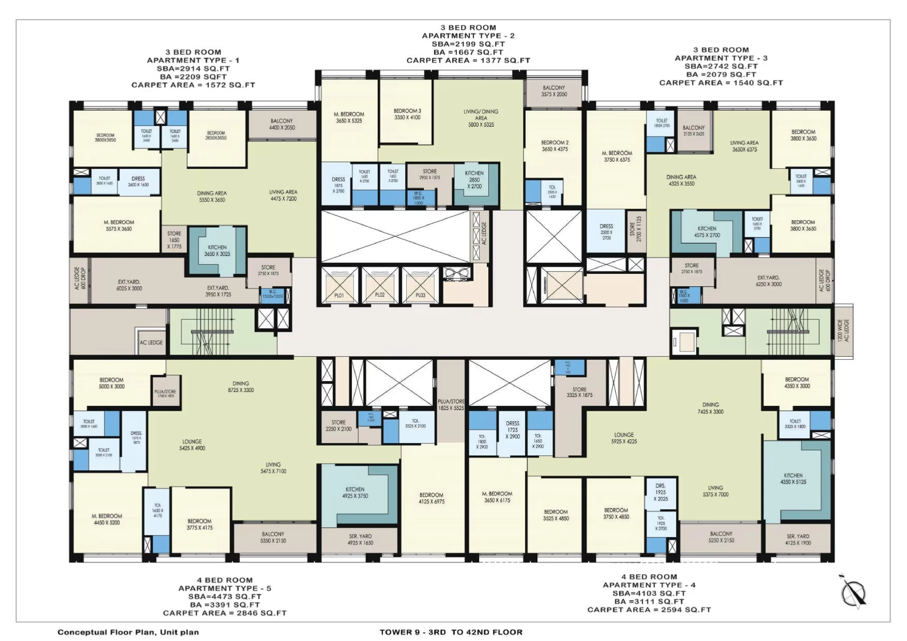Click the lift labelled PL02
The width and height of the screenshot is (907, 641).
click(x=380, y=285)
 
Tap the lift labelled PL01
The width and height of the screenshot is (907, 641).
click(x=339, y=285)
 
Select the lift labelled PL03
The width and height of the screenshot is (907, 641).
click(x=420, y=285)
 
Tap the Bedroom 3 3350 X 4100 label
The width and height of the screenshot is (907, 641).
click(x=407, y=114)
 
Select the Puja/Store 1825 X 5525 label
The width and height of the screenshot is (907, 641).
click(x=451, y=405)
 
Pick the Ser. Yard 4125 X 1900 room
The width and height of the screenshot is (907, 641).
click(x=798, y=540)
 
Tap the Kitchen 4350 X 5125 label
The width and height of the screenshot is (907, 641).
click(x=793, y=479)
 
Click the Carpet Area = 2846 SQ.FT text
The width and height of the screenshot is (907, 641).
click(x=225, y=613)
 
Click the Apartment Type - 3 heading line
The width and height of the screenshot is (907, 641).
click(x=721, y=58)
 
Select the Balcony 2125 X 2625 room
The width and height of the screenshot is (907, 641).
click(x=694, y=131)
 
